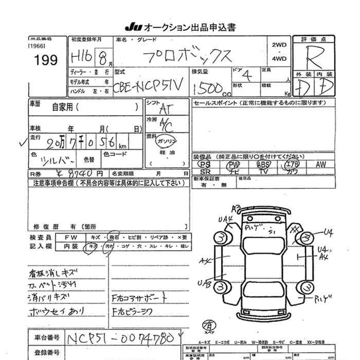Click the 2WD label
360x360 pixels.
(x=279, y=45)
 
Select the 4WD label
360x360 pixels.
(x=279, y=58)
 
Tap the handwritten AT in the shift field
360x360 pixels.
(x=166, y=109)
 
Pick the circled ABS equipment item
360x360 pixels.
(x=263, y=165)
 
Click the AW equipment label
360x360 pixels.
(x=321, y=165)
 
